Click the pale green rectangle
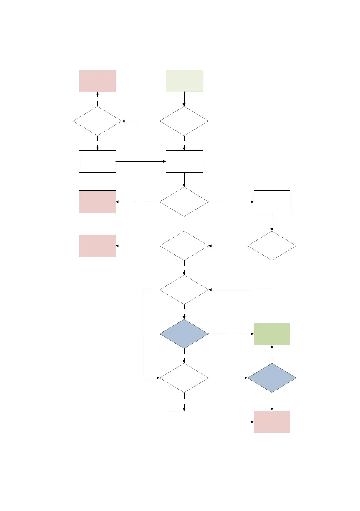coord(184,81)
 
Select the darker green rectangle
coord(272,334)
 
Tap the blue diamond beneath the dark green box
coord(272,378)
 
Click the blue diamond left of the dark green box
coord(184,334)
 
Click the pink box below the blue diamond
coord(272,422)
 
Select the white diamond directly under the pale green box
coord(184,121)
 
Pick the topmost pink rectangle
coord(97,81)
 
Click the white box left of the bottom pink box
coord(184,422)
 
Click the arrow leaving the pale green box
coord(184,99)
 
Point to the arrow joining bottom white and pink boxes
coord(227,422)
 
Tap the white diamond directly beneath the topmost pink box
coord(97,121)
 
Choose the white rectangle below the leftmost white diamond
coord(97,161)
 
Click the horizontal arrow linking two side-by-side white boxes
coord(141,161)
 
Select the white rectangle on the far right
coord(272,202)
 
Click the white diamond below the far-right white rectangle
coord(272,246)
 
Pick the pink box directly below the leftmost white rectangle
coord(97,202)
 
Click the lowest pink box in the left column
coord(97,246)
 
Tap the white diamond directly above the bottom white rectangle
coord(184,378)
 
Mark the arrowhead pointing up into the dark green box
coord(272,348)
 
